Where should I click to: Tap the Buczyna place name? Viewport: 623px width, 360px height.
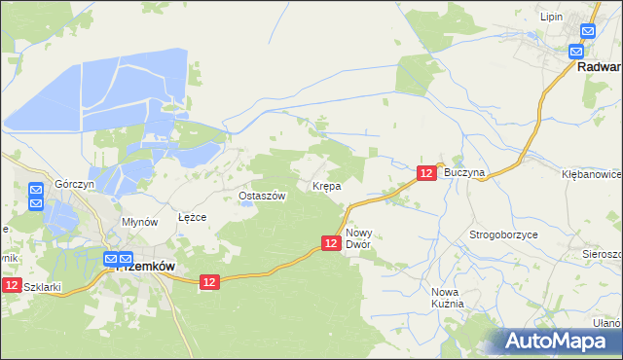[x=463, y=171]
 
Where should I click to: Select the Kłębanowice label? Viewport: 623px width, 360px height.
[x=592, y=172]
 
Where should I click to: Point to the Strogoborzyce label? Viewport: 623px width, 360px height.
[x=504, y=235]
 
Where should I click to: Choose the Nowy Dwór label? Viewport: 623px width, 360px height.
[x=359, y=238]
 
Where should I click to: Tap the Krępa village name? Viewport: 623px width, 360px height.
[x=325, y=185]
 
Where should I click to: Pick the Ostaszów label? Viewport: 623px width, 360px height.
[x=262, y=196]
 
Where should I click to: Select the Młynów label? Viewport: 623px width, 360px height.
[x=139, y=222]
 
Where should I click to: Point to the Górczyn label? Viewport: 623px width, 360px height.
[x=74, y=184]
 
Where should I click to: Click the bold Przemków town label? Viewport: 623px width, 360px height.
[x=145, y=266]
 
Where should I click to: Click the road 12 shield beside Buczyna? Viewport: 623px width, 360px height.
[x=426, y=172]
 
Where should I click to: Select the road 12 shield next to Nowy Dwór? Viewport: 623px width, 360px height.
[x=331, y=242]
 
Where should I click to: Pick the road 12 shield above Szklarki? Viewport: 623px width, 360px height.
[x=11, y=284]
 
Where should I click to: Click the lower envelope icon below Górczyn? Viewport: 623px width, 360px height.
[x=37, y=203]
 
